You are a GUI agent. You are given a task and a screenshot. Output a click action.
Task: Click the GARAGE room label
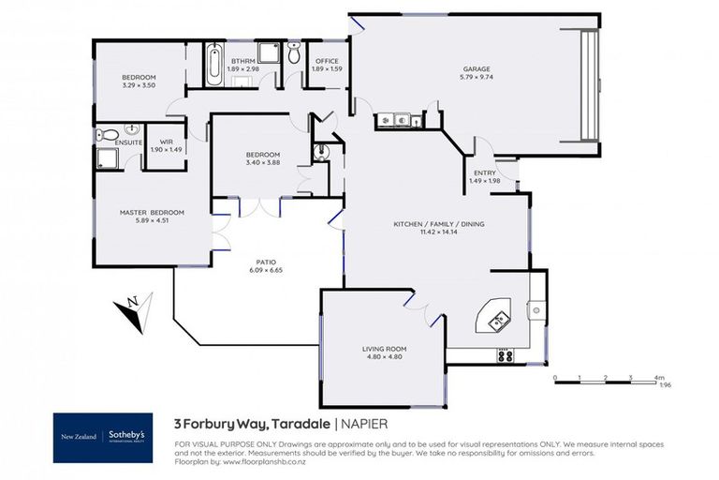[x=476, y=68]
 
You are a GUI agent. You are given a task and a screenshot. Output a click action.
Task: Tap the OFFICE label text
[x=326, y=61]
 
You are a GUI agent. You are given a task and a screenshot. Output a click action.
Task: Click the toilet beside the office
[x=294, y=54]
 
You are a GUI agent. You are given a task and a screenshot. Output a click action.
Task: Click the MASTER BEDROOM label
[x=152, y=213]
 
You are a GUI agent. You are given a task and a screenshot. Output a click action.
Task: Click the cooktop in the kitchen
[x=505, y=355]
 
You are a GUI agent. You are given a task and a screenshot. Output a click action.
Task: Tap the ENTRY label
[x=485, y=172]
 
